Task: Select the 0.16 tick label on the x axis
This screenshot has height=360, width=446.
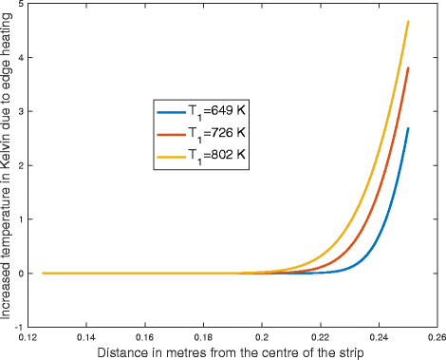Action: pyautogui.click(x=145, y=336)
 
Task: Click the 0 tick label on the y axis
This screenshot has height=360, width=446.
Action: pyautogui.click(x=21, y=273)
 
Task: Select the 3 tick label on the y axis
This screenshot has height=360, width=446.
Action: pyautogui.click(x=21, y=111)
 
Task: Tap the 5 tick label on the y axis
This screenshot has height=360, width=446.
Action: pyautogui.click(x=21, y=5)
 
